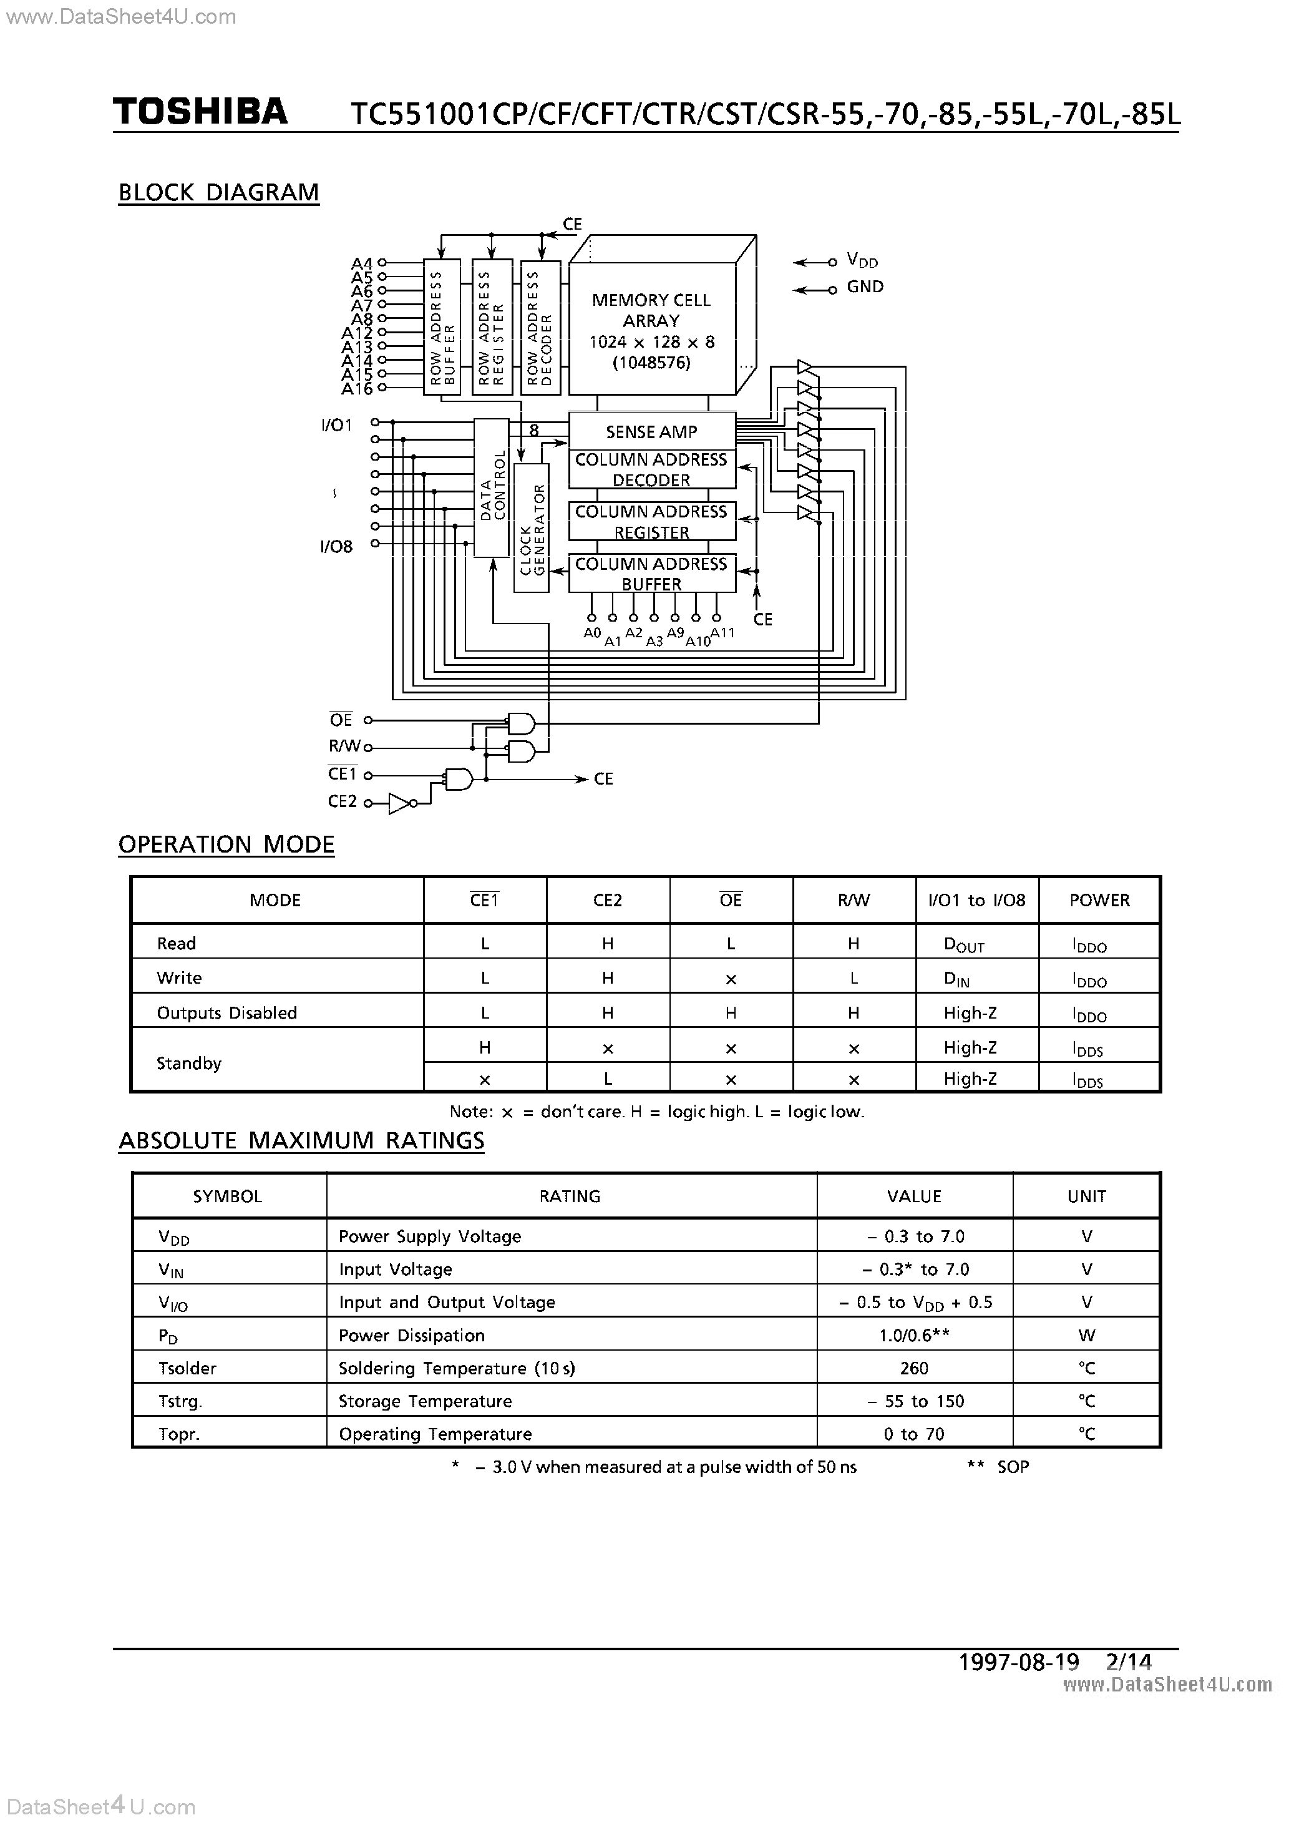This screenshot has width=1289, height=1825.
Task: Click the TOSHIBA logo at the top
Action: [200, 112]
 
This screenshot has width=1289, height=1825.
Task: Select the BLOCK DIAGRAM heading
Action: [218, 192]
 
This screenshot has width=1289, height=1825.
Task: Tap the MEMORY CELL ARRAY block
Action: [651, 331]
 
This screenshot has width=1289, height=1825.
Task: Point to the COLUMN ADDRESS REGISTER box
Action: [651, 521]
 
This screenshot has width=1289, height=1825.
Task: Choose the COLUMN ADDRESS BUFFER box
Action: [651, 573]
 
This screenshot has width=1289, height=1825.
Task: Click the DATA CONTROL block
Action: [491, 487]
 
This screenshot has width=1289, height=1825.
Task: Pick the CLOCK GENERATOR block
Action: [531, 529]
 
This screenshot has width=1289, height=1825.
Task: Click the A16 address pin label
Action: [357, 389]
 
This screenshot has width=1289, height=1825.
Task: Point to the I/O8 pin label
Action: [336, 547]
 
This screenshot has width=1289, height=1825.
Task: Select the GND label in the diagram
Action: [865, 287]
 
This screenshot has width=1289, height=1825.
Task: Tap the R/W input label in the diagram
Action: [345, 746]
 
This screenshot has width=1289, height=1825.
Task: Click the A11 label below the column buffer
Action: [722, 633]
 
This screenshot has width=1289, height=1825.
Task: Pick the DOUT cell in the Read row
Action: [963, 944]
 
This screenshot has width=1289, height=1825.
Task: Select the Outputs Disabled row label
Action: [226, 1012]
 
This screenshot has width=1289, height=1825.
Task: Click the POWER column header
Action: [1099, 900]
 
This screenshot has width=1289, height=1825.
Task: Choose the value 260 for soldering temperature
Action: [914, 1368]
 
